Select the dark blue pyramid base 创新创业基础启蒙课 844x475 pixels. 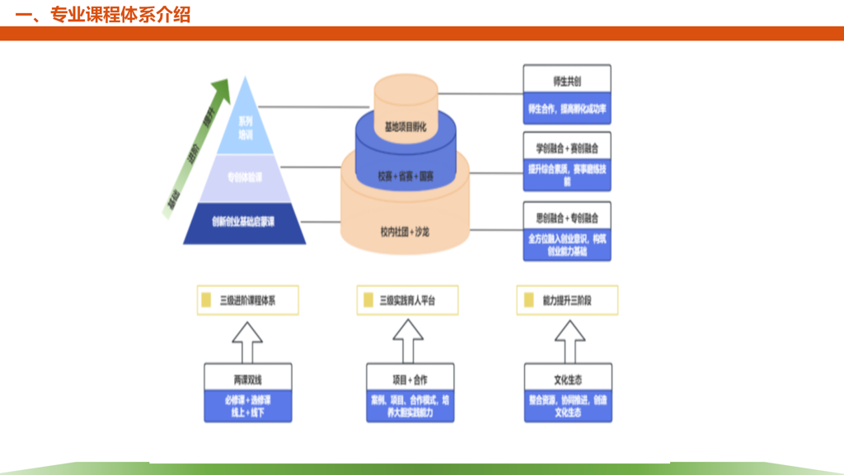coord(245,221)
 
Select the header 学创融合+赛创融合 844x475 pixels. coord(567,148)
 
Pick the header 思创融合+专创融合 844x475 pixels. coord(567,217)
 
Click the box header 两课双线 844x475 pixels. coord(247,379)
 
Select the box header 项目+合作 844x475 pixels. coord(410,379)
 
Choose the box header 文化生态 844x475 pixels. coord(568,379)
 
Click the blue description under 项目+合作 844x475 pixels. coord(410,406)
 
